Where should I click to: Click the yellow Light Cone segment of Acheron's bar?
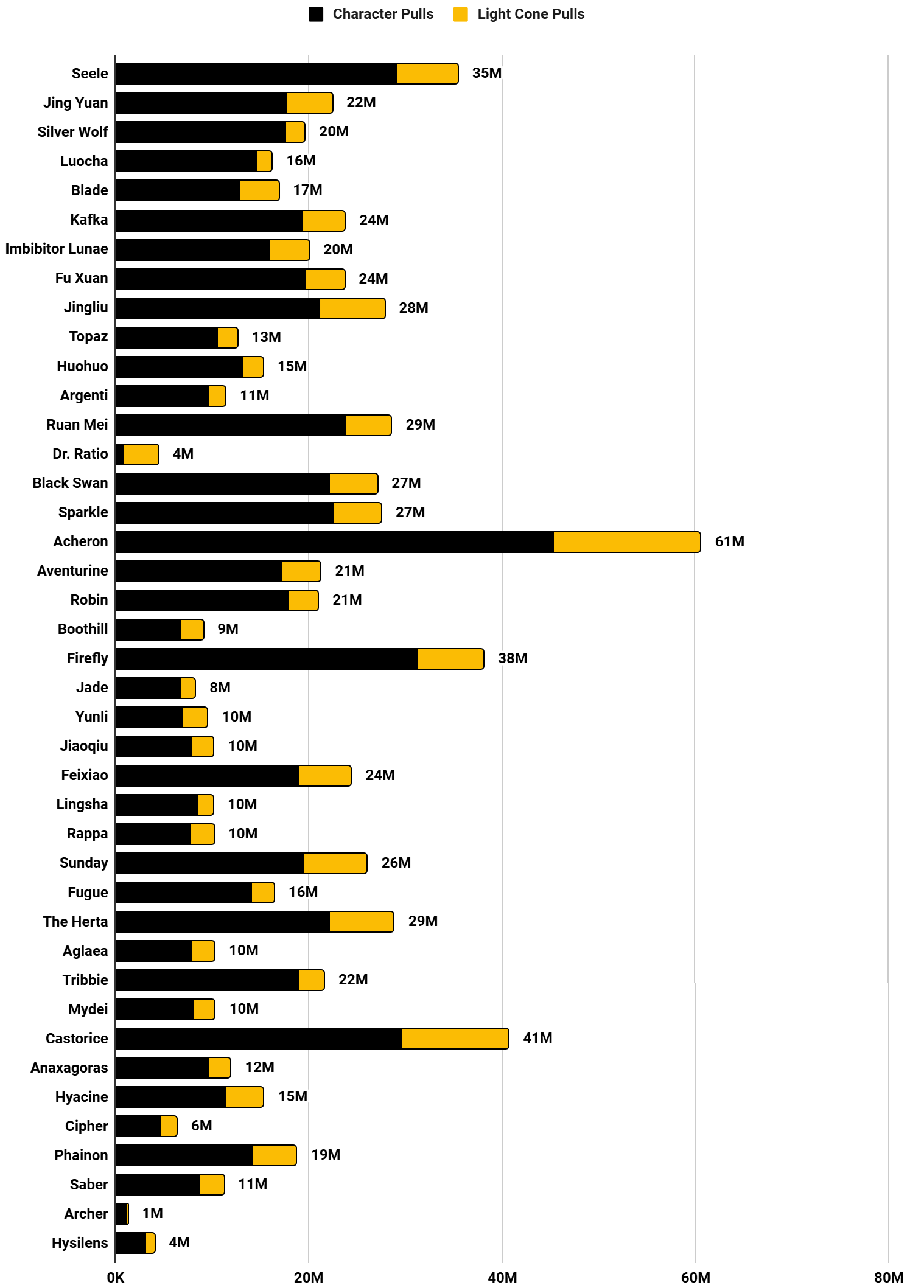[626, 542]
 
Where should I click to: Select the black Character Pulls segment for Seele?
[256, 74]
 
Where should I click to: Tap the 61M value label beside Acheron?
[729, 541]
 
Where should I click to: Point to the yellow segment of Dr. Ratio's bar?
[141, 454]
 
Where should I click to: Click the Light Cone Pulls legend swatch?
[461, 15]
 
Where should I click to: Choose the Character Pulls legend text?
[383, 14]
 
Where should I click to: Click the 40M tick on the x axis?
[502, 1277]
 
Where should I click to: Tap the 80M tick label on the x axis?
[888, 1277]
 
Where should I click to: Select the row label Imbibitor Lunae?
[57, 249]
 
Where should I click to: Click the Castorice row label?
[77, 1039]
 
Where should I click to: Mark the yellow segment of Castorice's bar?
[455, 1039]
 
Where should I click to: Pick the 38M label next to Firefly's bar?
[513, 658]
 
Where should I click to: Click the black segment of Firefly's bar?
[266, 659]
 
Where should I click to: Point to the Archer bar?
[121, 1214]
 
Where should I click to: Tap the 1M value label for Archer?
[152, 1213]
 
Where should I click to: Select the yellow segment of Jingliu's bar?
[352, 308]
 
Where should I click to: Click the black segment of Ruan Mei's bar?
[230, 425]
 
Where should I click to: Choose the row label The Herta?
[75, 922]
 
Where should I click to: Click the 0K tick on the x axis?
[115, 1277]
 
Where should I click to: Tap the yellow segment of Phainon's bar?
[275, 1155]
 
